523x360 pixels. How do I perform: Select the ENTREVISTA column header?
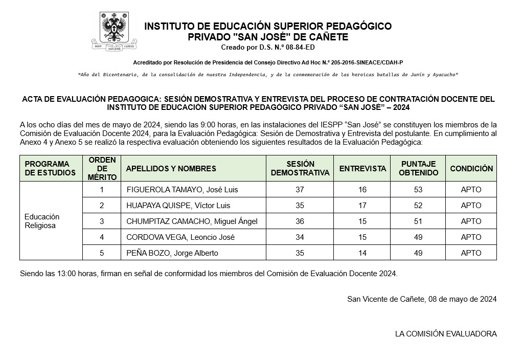pos(362,169)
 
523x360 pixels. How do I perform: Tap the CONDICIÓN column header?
pos(471,169)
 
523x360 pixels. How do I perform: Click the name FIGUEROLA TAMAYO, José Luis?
pos(182,190)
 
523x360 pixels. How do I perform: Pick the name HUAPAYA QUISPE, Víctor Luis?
pos(178,206)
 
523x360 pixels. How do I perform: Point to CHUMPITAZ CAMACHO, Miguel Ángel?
pos(192,221)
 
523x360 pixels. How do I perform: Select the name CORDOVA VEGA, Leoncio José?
pos(180,237)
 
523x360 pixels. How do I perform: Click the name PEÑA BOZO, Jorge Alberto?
pos(172,253)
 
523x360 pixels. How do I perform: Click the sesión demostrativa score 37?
pos(300,190)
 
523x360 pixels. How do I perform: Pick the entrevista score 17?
pos(362,206)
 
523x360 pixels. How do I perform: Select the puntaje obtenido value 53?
pos(419,190)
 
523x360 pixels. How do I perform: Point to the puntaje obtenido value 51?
pos(419,221)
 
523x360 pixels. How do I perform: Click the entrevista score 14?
pos(362,253)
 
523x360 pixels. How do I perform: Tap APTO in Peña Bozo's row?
pos(471,253)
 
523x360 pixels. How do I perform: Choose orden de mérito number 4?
pos(102,237)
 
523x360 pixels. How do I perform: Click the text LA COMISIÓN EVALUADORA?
pos(445,334)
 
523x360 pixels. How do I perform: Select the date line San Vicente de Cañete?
pos(421,299)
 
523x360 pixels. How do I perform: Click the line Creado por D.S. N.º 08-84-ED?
pos(268,48)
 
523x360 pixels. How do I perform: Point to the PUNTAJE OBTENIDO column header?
pos(419,169)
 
